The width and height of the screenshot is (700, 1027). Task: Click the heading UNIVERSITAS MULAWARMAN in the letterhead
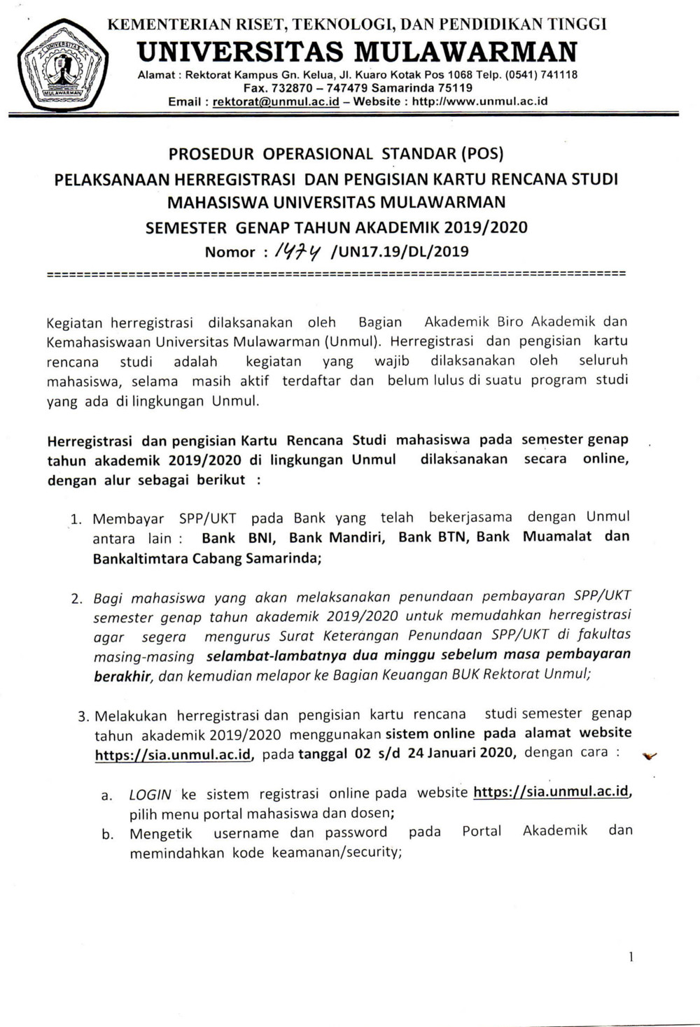358,52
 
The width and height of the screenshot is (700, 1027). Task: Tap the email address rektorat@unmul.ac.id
276,101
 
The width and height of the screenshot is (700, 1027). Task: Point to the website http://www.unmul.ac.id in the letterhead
479,101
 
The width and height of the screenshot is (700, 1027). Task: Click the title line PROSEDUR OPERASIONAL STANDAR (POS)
336,153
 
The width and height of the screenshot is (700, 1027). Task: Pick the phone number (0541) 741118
541,75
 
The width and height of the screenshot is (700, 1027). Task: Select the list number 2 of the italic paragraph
77,599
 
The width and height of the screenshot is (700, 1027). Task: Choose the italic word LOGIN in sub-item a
150,795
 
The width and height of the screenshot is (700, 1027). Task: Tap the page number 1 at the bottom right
631,957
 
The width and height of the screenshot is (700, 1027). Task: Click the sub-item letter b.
107,834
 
